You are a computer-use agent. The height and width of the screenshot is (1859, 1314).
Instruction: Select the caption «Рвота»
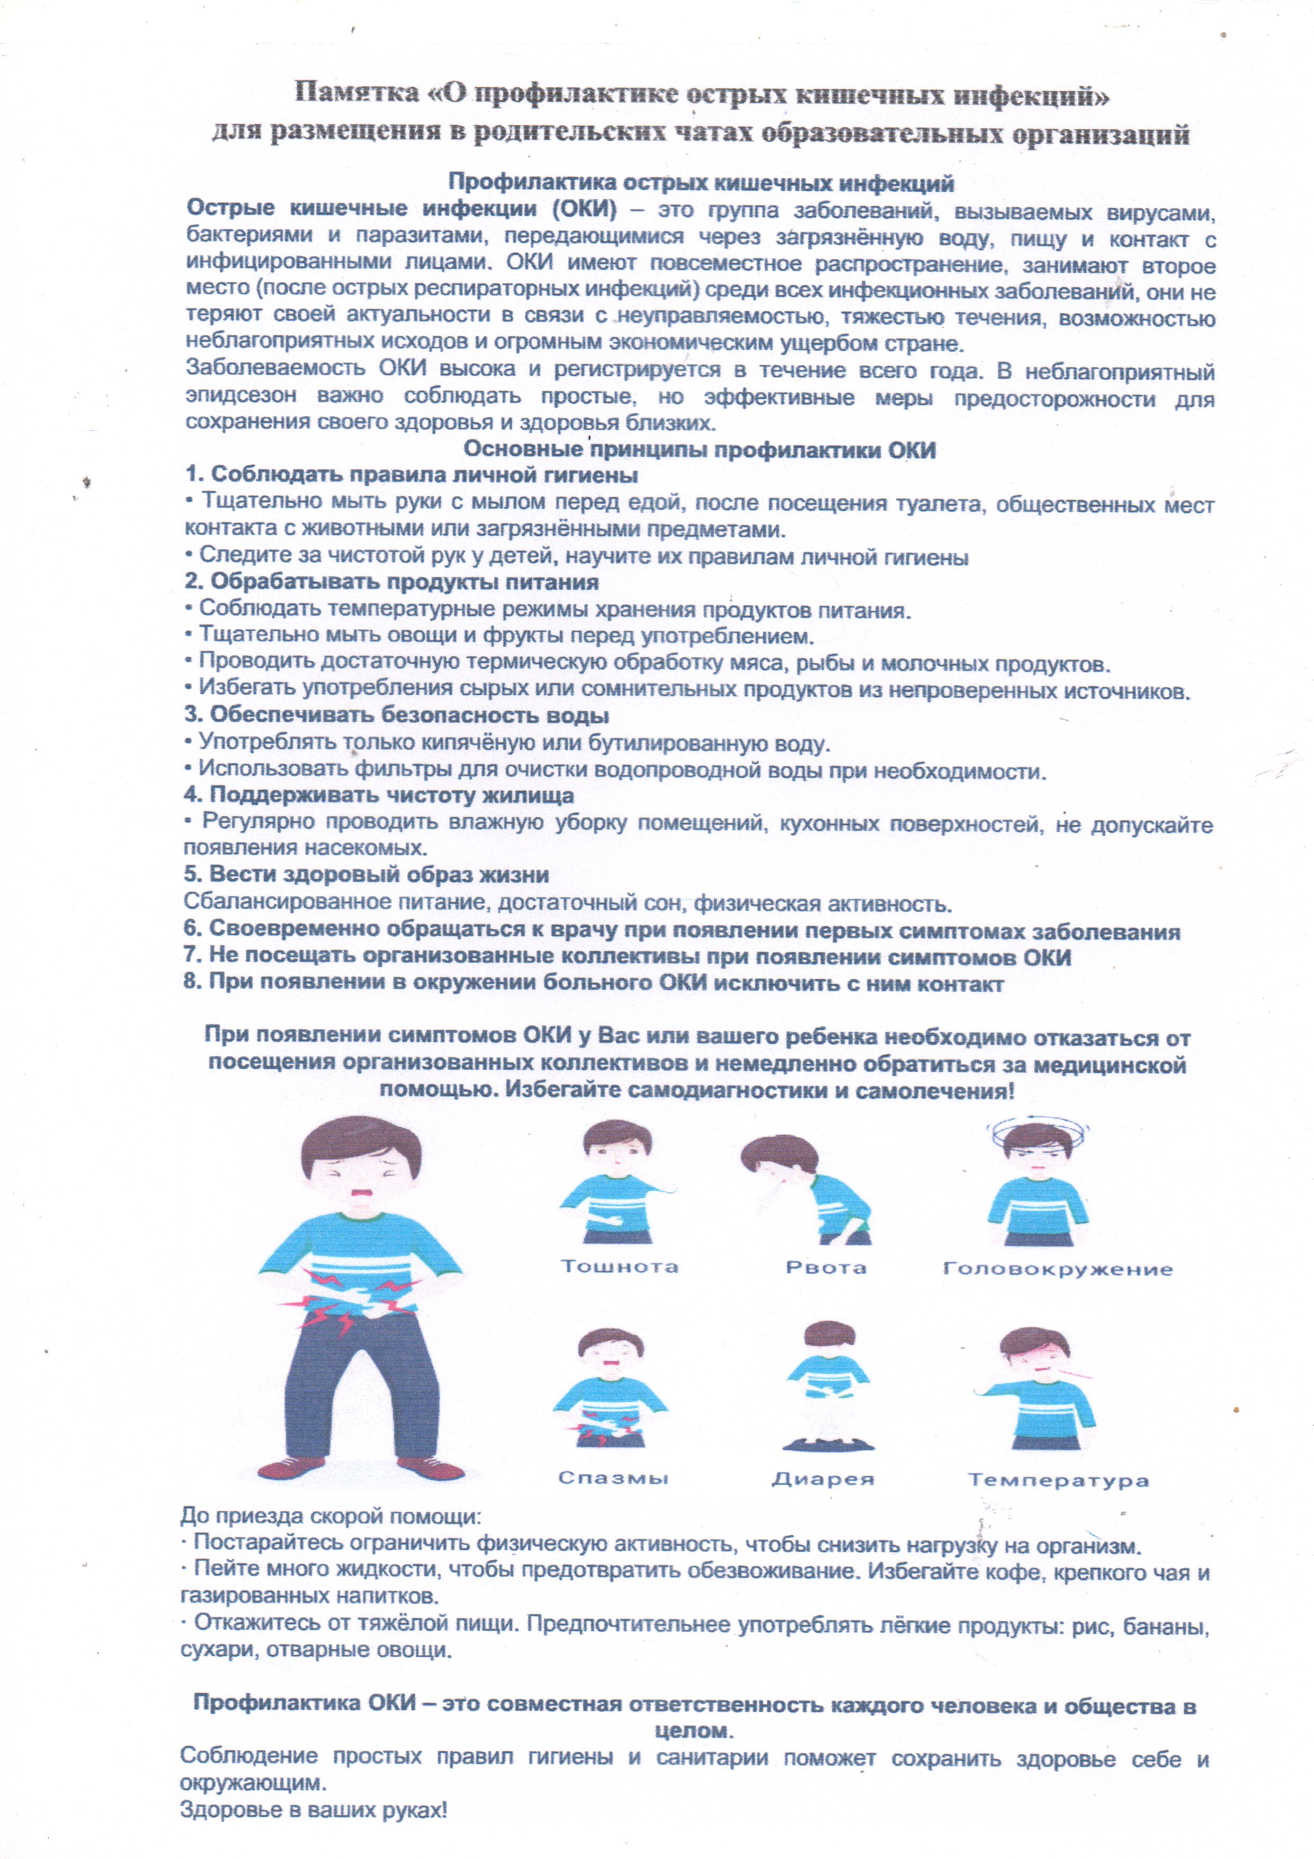point(826,1267)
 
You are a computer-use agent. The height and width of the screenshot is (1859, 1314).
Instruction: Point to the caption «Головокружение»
point(1057,1269)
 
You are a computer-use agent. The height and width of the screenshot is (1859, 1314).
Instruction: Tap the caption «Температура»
point(1058,1480)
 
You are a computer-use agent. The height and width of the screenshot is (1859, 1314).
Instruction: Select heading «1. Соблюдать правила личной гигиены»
point(412,475)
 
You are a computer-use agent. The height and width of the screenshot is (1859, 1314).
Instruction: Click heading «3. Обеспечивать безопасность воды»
point(397,716)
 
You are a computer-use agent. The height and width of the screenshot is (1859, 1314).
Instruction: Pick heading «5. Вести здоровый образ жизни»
point(367,875)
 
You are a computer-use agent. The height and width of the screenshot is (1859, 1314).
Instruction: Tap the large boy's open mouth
point(359,1197)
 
